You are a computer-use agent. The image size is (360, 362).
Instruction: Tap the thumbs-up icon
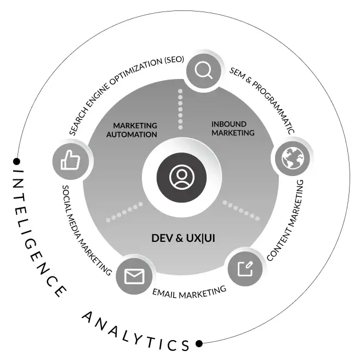pyautogui.click(x=70, y=161)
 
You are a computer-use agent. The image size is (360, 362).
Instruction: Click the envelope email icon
pyautogui.click(x=134, y=275)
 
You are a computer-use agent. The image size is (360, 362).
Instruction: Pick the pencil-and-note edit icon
pyautogui.click(x=245, y=268)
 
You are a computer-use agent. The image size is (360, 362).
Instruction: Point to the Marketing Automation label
pyautogui.click(x=132, y=130)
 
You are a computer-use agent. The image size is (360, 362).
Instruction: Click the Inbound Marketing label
pyautogui.click(x=233, y=128)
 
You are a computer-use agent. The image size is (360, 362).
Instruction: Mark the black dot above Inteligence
pyautogui.click(x=17, y=161)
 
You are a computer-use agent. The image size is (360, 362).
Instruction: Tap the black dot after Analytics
pyautogui.click(x=199, y=344)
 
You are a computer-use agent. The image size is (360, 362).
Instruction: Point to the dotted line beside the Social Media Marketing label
pyautogui.click(x=124, y=212)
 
